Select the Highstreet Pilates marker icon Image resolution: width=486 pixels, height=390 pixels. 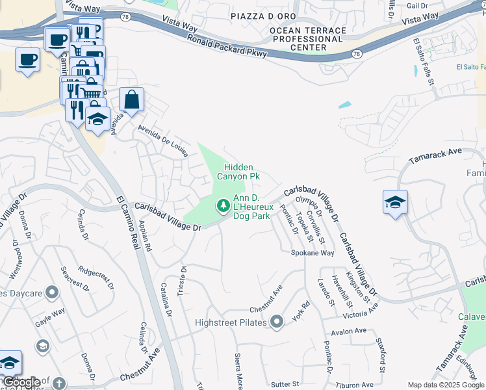pyautogui.click(x=277, y=322)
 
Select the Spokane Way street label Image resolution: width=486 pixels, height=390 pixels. pyautogui.click(x=312, y=253)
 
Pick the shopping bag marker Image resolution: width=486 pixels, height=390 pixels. pyautogui.click(x=131, y=101)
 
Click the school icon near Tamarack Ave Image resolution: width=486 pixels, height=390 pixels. pyautogui.click(x=395, y=202)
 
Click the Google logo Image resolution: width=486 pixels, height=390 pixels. pyautogui.click(x=21, y=382)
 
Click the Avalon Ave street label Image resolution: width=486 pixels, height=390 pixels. pyautogui.click(x=348, y=331)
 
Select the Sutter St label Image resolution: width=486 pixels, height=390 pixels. pyautogui.click(x=284, y=385)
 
